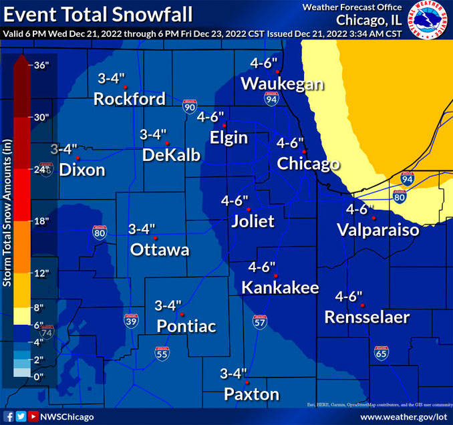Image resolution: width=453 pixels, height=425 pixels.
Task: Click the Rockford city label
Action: pos(129,100)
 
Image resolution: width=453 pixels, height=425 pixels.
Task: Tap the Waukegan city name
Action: pos(282,84)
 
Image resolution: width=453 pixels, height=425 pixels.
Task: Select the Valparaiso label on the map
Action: pos(377,231)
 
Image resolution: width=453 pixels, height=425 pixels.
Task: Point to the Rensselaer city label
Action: pos(367,317)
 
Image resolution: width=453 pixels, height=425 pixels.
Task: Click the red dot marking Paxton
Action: pos(247,382)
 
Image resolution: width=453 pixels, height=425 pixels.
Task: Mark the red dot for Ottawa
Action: pos(155,238)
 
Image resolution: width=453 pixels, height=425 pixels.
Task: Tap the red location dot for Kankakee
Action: pos(275,276)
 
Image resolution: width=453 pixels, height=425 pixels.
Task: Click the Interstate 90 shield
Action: pos(189,106)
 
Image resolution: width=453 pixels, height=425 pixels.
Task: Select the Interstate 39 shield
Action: pos(131,321)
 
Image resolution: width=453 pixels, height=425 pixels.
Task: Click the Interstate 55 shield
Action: pos(161,355)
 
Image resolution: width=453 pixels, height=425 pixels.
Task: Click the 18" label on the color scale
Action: pos(41,221)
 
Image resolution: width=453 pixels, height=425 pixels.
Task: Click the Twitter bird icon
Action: pos(21,416)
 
